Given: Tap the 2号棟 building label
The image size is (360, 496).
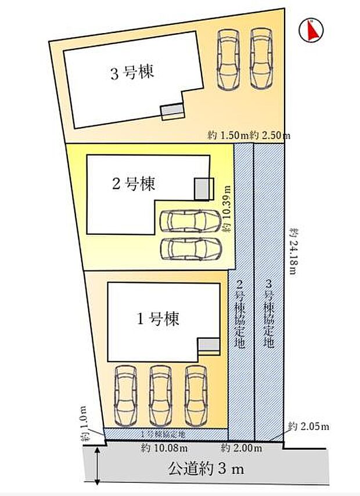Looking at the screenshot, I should [x=134, y=184].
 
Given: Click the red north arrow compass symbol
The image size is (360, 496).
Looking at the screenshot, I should [x=311, y=31].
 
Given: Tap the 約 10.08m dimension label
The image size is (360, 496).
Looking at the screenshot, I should [x=164, y=448].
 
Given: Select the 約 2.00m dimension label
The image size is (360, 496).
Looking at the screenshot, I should [x=242, y=448].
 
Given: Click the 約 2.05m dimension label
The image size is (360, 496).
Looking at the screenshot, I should [x=309, y=428].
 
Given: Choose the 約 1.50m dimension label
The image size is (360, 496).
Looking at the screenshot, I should [x=228, y=135].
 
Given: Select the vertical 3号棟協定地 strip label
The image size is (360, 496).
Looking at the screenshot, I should [x=268, y=314].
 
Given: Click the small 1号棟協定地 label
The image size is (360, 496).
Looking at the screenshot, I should [x=163, y=434].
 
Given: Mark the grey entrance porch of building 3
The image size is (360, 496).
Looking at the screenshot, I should [x=171, y=110].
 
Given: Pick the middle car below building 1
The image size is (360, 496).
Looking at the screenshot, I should [x=159, y=395].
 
